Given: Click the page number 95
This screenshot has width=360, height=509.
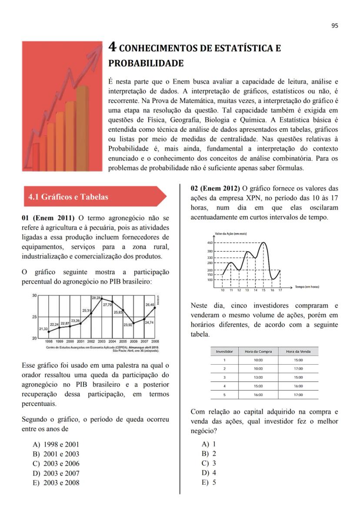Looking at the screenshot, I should [334, 26].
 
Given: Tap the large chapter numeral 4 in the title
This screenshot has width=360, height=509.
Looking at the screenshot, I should [112, 47].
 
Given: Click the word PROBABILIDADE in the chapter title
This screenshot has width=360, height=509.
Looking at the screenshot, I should [146, 63].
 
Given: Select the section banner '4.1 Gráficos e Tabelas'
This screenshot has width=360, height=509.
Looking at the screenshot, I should [68, 197].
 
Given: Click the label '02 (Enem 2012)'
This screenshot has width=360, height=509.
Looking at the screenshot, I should [215, 188].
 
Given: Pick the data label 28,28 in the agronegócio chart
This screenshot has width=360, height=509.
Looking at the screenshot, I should [96, 298].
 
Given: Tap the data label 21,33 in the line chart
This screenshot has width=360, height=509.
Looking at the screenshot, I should [43, 329].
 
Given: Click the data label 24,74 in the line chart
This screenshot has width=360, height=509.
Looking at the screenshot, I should [149, 323].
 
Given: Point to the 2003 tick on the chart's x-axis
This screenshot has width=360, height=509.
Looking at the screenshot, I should [102, 342].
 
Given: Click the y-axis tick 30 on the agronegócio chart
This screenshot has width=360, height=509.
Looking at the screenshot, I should [34, 296].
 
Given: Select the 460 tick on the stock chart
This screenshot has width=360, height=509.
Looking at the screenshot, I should [210, 243].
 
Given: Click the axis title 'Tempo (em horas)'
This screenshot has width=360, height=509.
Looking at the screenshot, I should [307, 287].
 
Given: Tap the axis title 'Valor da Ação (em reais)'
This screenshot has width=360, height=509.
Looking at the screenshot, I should [231, 234].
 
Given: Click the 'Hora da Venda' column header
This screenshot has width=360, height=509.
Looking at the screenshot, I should [298, 351].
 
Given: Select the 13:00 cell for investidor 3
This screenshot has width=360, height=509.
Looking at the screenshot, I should [258, 377].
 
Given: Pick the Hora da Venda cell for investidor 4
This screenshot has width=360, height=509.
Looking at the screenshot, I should [298, 386].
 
